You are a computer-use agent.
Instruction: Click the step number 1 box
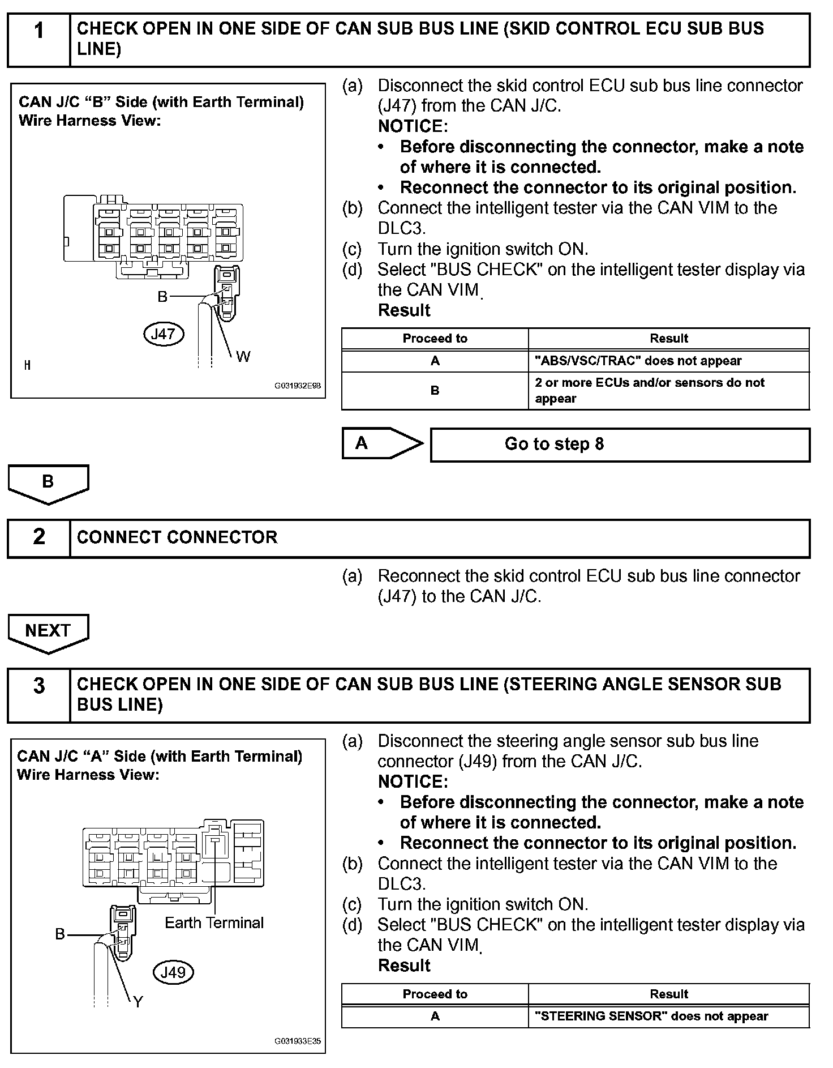(x=38, y=40)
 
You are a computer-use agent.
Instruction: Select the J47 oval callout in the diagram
(x=164, y=334)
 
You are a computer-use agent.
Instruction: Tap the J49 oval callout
(x=173, y=972)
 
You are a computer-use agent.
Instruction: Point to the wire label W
(x=243, y=357)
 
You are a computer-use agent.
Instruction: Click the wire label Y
(x=138, y=1002)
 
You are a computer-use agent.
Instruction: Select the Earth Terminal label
(x=214, y=923)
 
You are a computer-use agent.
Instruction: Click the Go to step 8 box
(x=620, y=445)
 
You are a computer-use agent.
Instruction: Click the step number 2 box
(x=38, y=537)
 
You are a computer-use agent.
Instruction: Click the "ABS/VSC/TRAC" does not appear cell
(x=668, y=361)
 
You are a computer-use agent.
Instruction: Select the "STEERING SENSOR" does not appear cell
(x=668, y=1016)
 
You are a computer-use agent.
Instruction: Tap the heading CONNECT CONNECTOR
(x=177, y=537)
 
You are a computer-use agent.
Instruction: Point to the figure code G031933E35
(x=297, y=1041)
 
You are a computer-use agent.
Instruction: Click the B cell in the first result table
(x=435, y=391)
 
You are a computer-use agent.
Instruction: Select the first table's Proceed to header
(x=435, y=339)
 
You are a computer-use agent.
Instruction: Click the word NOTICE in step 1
(x=413, y=126)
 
